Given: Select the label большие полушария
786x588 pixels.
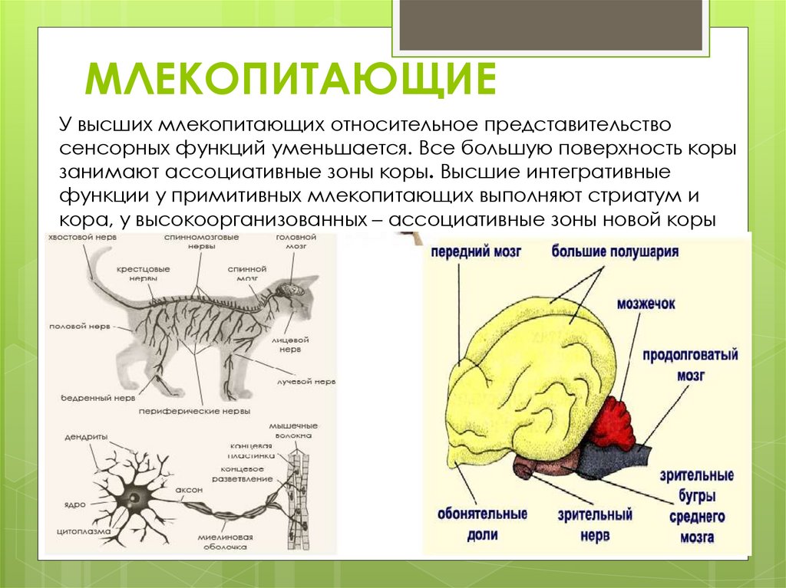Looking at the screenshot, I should tap(614, 251).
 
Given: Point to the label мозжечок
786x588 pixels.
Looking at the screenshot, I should tap(646, 304).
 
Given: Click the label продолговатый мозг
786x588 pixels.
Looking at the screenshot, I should tap(690, 366).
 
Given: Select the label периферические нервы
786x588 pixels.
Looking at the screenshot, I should tap(194, 411).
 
